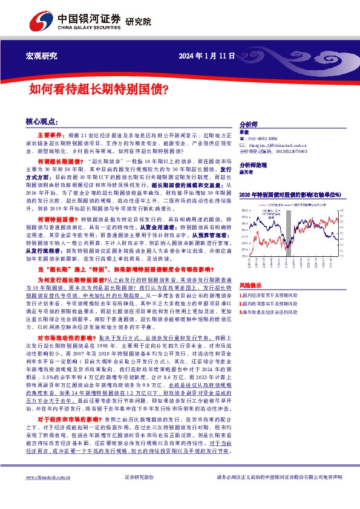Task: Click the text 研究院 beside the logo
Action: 138,23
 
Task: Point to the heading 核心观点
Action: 42,122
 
